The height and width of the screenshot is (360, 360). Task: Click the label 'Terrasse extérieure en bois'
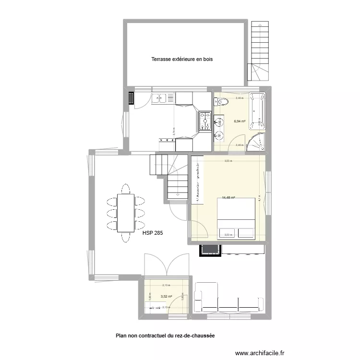tap(181, 60)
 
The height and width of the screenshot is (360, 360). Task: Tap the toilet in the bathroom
tap(222, 101)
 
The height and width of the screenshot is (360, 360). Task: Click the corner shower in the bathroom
tap(255, 142)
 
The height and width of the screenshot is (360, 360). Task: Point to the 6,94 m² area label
tap(240, 121)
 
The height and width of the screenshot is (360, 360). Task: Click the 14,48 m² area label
tap(228, 197)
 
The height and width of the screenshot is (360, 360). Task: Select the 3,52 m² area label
tap(167, 297)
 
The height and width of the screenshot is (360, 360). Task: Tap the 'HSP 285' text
tap(153, 234)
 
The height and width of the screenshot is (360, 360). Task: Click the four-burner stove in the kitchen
tap(204, 120)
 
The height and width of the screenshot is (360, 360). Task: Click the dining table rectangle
tap(126, 212)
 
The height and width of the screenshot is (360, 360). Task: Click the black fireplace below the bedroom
tap(210, 249)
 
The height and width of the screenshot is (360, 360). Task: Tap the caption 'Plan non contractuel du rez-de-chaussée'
tap(165, 336)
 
